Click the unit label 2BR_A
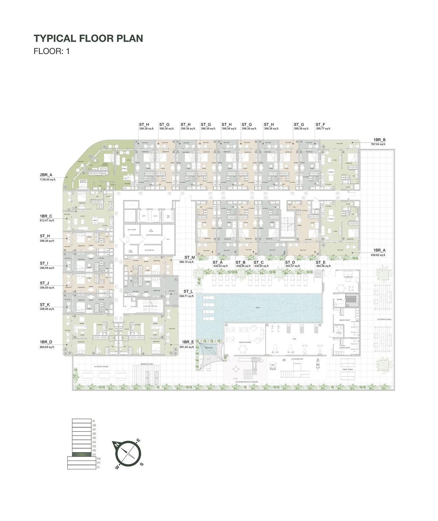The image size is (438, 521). (x=46, y=175)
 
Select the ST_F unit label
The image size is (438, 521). (x=320, y=125)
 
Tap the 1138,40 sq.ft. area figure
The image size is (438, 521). (x=48, y=179)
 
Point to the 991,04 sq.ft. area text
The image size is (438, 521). (x=187, y=347)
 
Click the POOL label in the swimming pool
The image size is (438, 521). (x=258, y=308)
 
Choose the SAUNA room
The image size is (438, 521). (x=340, y=300)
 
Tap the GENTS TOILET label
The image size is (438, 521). (x=345, y=321)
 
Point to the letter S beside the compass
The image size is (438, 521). (x=142, y=464)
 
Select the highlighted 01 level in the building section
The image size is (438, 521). (x=82, y=454)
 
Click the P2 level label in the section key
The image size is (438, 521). (x=98, y=459)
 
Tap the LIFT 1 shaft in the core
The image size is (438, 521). (x=144, y=216)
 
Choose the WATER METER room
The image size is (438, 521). (x=149, y=250)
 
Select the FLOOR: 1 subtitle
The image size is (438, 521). (x=51, y=51)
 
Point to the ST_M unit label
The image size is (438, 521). (x=189, y=258)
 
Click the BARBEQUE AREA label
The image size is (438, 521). (x=147, y=364)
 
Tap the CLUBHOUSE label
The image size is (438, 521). (x=348, y=277)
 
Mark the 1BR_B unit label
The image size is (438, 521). (x=379, y=140)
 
